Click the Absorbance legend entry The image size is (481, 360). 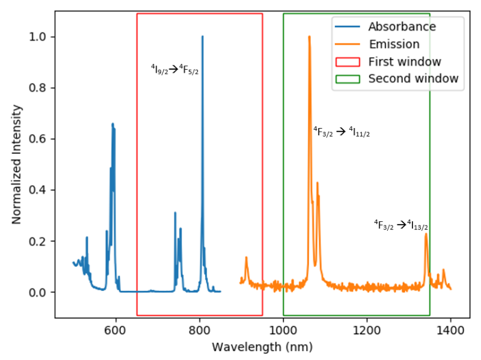(x=402, y=26)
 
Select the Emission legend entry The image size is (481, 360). (x=394, y=44)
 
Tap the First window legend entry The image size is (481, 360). (x=405, y=61)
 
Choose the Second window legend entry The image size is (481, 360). (x=413, y=79)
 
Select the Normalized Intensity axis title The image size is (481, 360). (x=17, y=164)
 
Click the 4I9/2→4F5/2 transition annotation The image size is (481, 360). (x=174, y=70)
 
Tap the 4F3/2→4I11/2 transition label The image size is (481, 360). (x=341, y=132)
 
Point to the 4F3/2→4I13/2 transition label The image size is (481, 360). (x=401, y=225)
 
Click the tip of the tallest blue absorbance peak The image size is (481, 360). (x=202, y=37)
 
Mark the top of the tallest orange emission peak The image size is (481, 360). (x=309, y=37)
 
